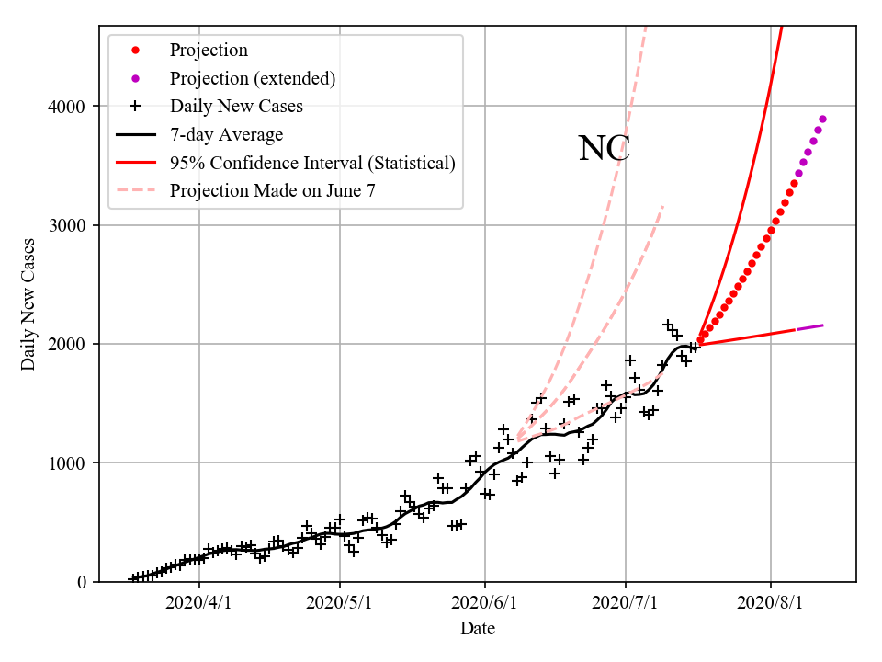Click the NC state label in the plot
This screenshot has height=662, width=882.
point(604,149)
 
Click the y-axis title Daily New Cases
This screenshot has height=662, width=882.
point(28,304)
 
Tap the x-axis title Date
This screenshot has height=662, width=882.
point(478,629)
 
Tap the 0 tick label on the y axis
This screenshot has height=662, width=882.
point(81,582)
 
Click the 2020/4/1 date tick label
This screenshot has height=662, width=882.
point(199,603)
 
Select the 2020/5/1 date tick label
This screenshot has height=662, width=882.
point(340,603)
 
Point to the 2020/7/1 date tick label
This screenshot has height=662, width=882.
point(626,603)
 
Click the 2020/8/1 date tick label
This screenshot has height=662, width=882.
point(771,603)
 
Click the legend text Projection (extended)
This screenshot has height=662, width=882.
point(253,78)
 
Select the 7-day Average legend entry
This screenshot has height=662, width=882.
point(226,135)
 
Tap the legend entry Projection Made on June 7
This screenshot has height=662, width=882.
point(273,191)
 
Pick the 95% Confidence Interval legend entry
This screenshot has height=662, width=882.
point(312,164)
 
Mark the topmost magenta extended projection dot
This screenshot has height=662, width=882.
point(822,119)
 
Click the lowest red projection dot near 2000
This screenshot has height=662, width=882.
point(700,341)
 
